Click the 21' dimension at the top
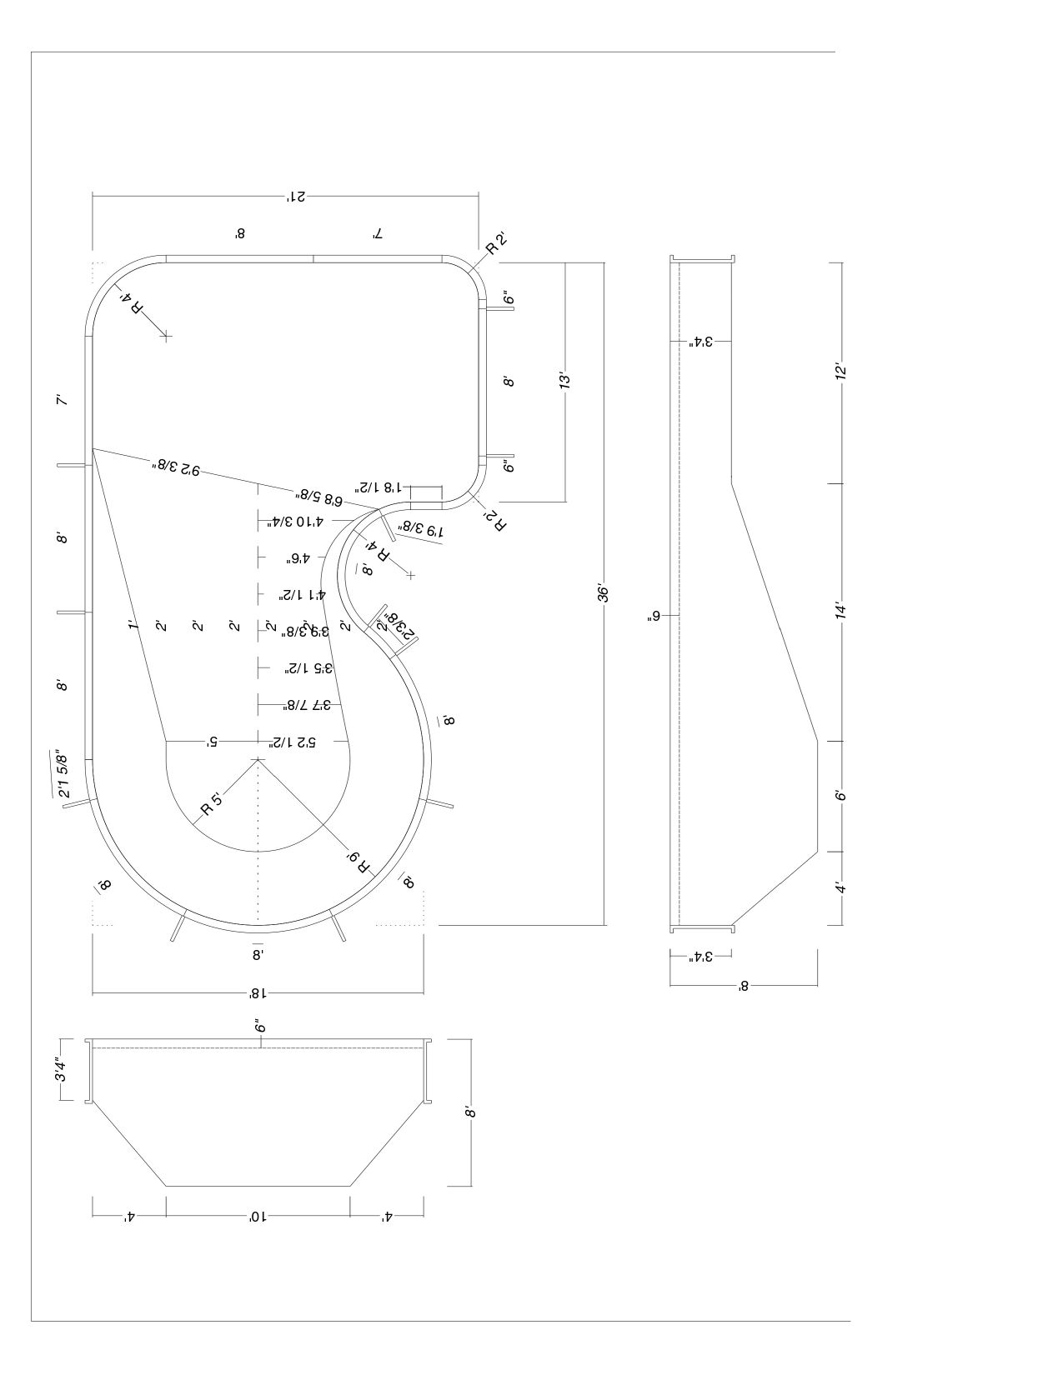click(x=296, y=197)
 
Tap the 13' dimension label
click(x=565, y=381)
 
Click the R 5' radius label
click(x=211, y=806)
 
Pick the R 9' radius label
click(x=360, y=861)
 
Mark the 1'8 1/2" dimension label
click(x=381, y=487)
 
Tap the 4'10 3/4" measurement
click(x=296, y=522)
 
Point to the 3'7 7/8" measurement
click(x=307, y=705)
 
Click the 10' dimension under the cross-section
click(x=258, y=1217)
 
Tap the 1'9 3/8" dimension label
click(x=423, y=530)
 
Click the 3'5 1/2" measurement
click(x=308, y=667)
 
